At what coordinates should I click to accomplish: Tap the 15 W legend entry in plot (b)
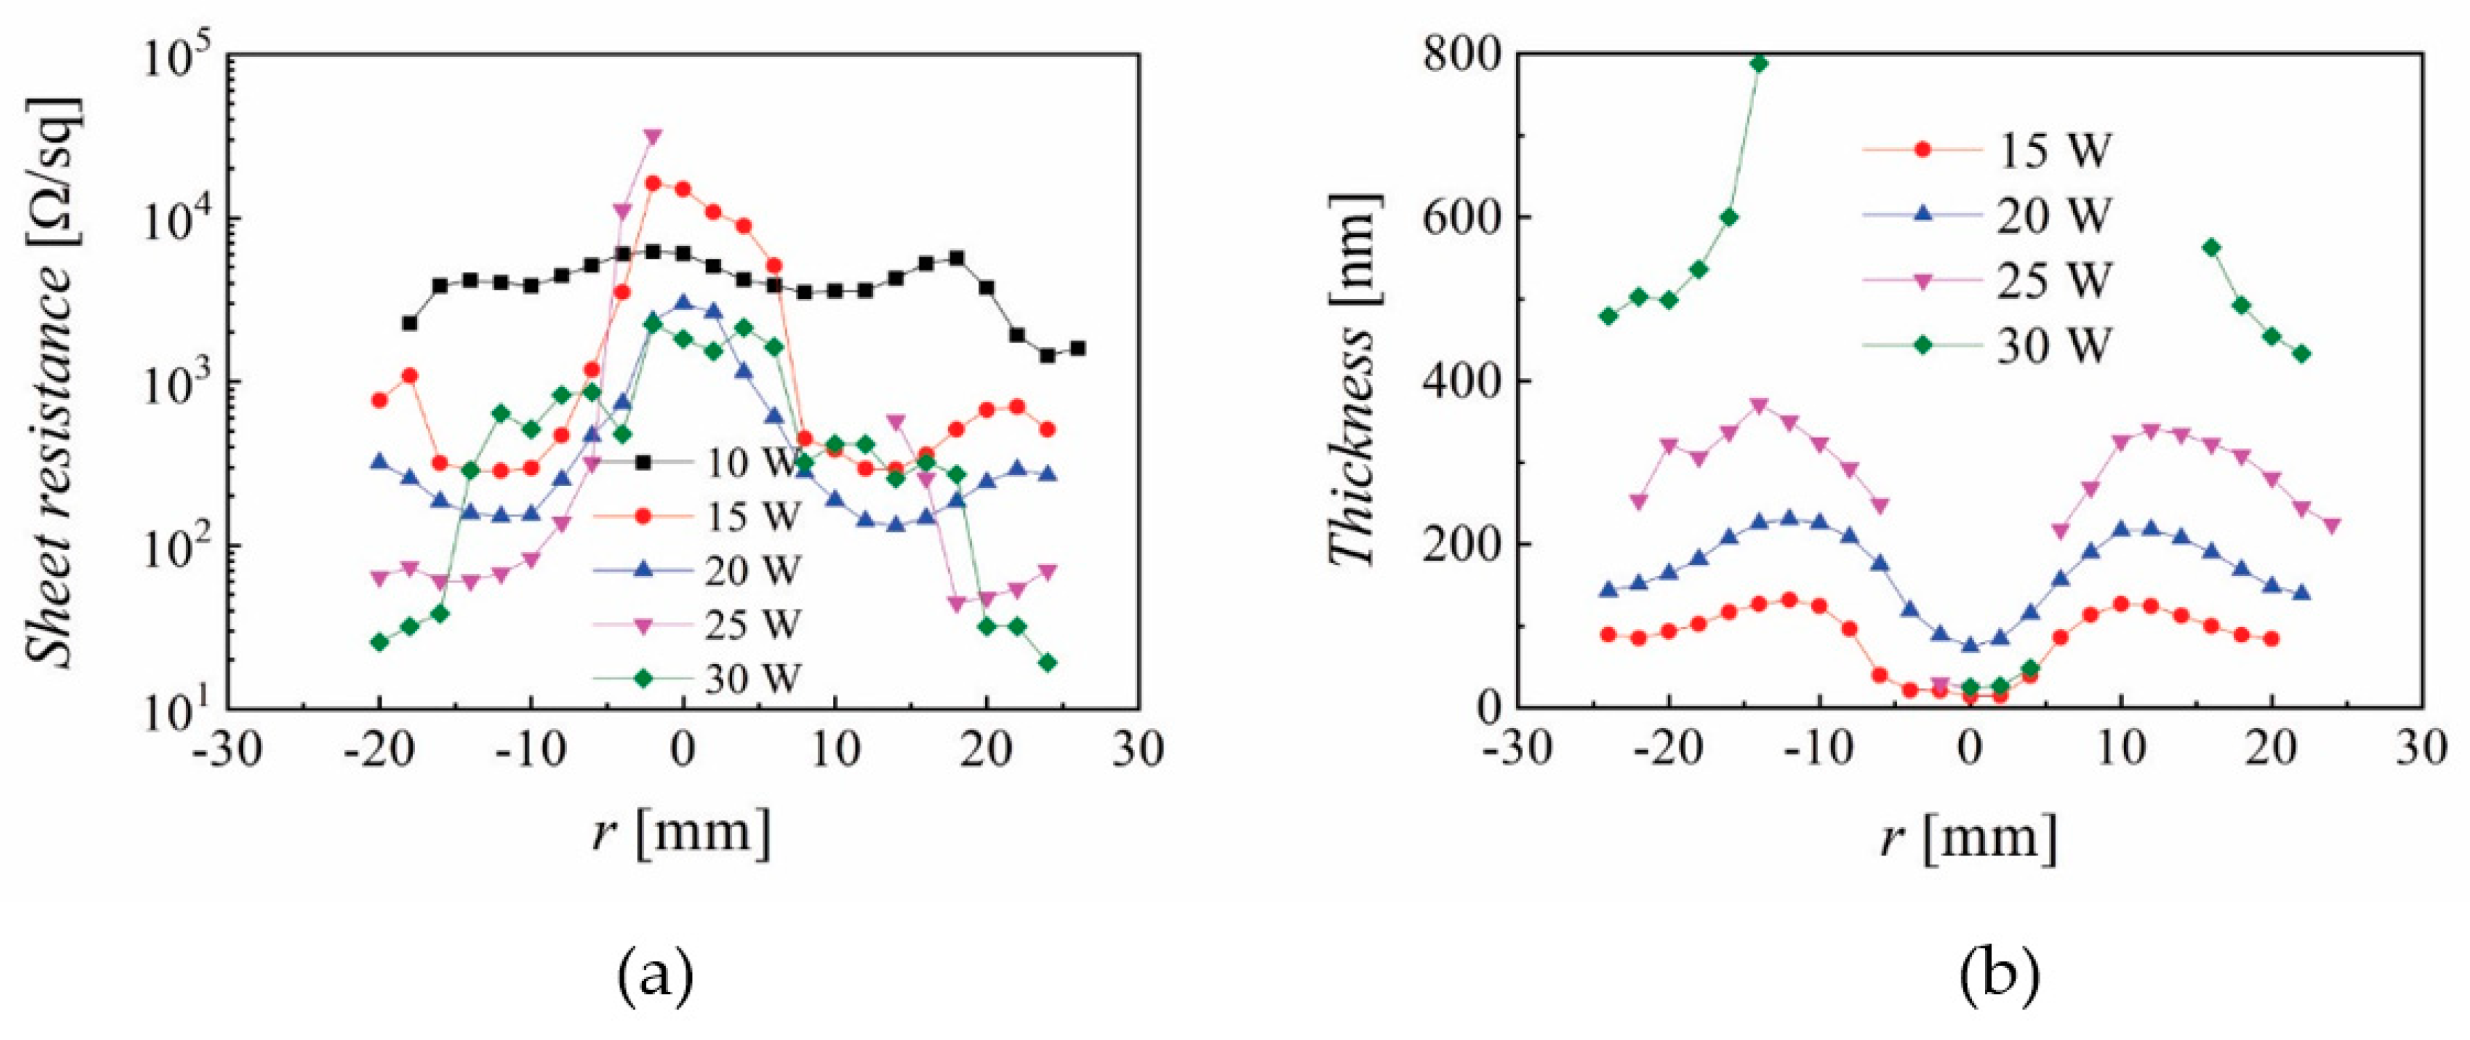pos(1990,150)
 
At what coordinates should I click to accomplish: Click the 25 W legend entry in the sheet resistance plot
pos(705,625)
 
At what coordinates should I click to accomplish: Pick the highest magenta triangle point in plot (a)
pos(653,137)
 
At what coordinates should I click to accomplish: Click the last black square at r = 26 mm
pos(1078,349)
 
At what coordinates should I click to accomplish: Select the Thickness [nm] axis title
pos(1354,381)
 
